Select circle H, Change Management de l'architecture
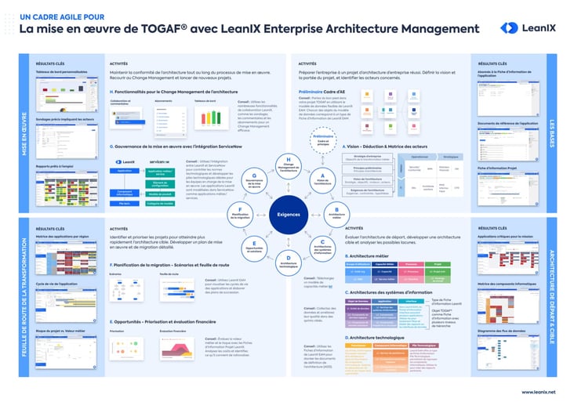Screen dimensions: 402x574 [288, 165]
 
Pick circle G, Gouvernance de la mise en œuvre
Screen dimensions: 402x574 [253, 179]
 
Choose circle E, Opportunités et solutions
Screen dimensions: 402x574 [253, 244]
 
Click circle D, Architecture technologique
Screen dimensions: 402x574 [288, 260]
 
